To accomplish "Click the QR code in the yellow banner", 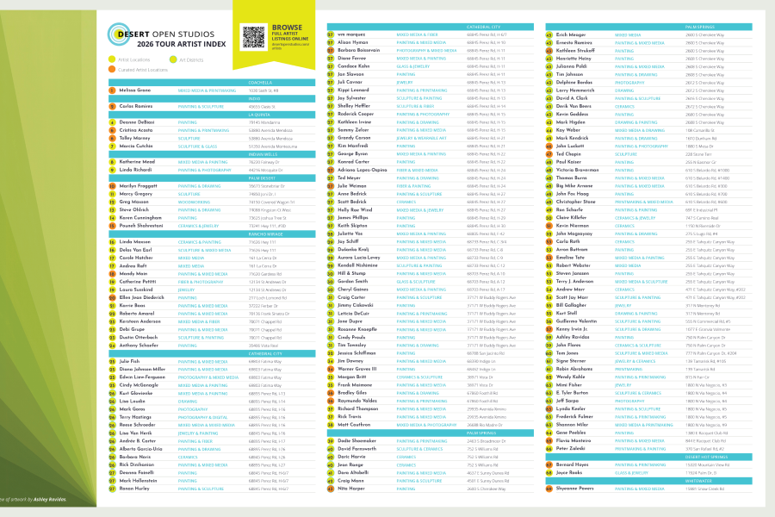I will coord(253,37).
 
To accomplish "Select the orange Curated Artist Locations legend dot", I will coord(111,70).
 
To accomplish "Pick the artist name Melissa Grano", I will coord(134,90).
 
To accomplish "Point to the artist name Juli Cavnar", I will coord(350,82).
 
